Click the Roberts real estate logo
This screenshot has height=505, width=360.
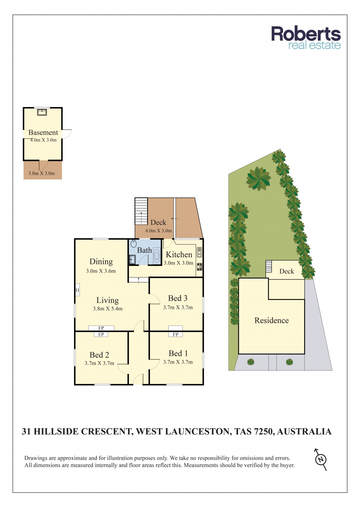click(306, 38)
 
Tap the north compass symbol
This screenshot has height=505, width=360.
click(321, 459)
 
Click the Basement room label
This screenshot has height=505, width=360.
click(43, 132)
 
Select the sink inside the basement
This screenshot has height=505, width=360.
click(42, 112)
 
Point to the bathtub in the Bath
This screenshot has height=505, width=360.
click(157, 256)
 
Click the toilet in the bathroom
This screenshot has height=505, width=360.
click(134, 244)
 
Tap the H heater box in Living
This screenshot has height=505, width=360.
click(77, 290)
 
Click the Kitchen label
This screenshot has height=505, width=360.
click(179, 255)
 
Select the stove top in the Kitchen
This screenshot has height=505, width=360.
click(199, 267)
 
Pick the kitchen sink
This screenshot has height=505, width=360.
click(199, 252)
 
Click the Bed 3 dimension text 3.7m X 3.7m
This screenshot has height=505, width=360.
click(178, 307)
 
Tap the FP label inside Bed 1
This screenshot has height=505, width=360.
click(175, 335)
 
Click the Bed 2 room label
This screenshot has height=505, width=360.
click(99, 355)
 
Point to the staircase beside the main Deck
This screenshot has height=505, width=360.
click(141, 211)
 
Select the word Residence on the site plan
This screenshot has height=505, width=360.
click(271, 321)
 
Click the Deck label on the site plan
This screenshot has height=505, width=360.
click(287, 271)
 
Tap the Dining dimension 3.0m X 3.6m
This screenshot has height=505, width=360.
click(101, 271)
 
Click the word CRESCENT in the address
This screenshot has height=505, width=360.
click(106, 432)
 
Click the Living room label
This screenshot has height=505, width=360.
click(107, 300)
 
